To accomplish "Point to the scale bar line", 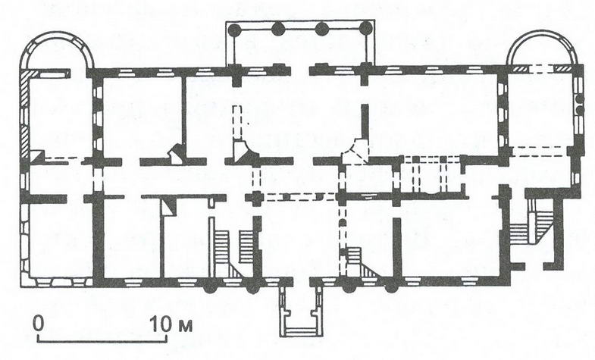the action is [102, 340].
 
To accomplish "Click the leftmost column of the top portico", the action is [235, 29].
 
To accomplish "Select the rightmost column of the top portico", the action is [366, 28].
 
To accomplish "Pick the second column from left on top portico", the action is [278, 29].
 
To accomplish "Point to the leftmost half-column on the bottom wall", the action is [210, 287].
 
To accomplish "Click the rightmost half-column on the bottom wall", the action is [391, 287].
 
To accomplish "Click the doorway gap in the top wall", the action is [301, 70].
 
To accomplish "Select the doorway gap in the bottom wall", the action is [302, 282].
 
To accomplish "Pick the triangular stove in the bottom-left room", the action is [168, 208].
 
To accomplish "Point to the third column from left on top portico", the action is [322, 28].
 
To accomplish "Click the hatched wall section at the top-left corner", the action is [25, 114].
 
